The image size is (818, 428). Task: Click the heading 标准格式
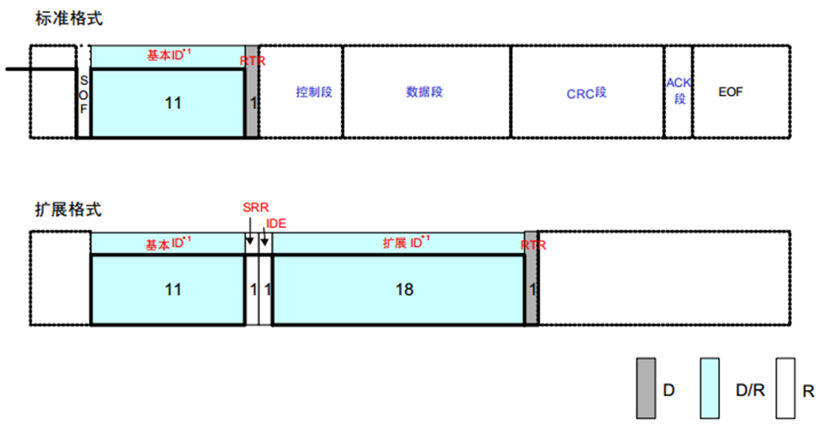69,19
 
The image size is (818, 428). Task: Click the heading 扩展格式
68,209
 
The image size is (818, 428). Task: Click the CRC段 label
586,93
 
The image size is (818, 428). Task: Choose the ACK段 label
679,91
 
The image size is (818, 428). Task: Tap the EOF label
730,92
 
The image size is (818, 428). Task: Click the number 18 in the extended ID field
404,289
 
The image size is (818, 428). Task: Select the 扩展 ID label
406,242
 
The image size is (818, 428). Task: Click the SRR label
255,209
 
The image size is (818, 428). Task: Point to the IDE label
276,223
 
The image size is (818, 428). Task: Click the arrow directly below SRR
249,238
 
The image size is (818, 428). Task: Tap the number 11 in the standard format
173,103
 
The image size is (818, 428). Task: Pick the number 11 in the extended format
173,289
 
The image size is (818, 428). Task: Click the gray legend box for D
646,388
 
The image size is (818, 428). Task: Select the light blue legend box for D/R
709,388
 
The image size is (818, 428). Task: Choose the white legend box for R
784,388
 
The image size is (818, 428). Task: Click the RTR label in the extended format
533,246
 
